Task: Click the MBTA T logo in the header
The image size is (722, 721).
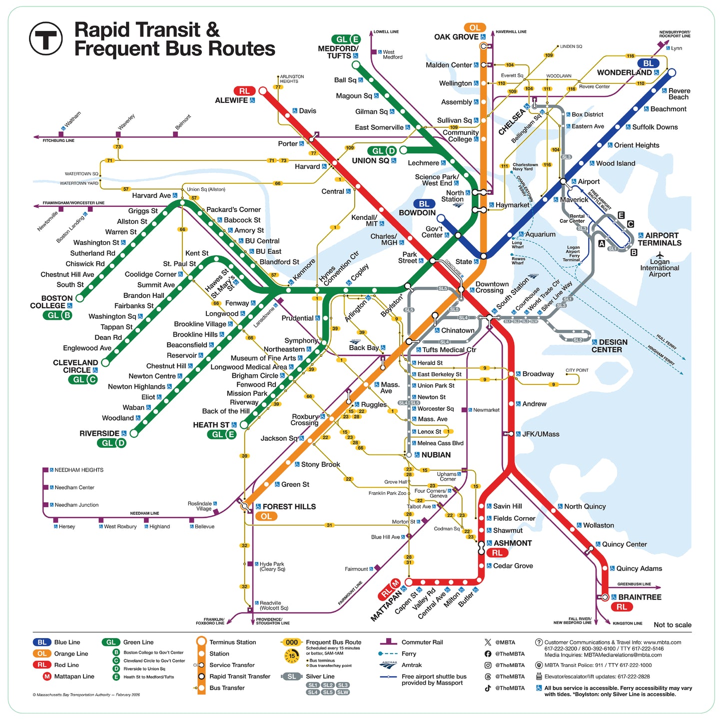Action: coord(46,38)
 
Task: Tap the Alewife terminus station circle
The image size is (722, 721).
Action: coord(263,91)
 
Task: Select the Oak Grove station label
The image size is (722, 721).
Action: coord(457,37)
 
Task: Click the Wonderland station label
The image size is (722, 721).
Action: coord(624,72)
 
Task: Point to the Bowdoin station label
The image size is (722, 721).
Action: coord(417,213)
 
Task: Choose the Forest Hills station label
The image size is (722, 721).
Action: coord(289,507)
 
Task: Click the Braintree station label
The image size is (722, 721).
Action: coord(639,597)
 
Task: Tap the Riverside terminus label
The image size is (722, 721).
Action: coord(99,433)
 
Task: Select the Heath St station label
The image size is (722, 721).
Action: coord(211,425)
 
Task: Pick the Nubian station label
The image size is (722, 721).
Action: coord(436,455)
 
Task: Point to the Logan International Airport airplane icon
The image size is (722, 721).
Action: coord(660,255)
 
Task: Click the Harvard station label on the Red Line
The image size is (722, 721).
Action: coord(307,166)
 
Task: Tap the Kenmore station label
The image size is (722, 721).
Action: coord(304,270)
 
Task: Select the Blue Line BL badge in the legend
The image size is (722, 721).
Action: coord(42,642)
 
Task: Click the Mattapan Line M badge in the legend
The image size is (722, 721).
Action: coord(47,677)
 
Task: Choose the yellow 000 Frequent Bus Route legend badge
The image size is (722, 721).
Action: coord(292,642)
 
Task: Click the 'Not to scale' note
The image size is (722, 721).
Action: coord(672,625)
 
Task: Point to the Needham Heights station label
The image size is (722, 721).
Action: coord(79,470)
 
